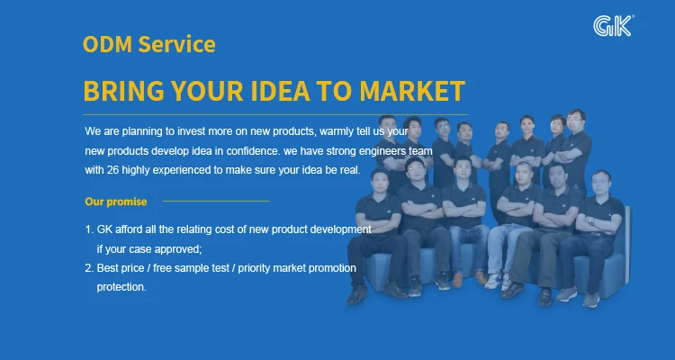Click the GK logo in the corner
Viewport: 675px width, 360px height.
pyautogui.click(x=613, y=26)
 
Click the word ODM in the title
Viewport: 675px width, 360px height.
pyautogui.click(x=107, y=44)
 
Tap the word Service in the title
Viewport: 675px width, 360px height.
pyautogui.click(x=176, y=44)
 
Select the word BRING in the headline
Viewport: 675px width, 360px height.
pyautogui.click(x=123, y=91)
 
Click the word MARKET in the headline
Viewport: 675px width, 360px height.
pyautogui.click(x=412, y=91)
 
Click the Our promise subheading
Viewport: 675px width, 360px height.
pyautogui.click(x=116, y=202)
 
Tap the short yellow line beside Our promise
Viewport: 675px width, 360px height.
pyautogui.click(x=216, y=201)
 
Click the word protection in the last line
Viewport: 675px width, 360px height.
pyautogui.click(x=121, y=287)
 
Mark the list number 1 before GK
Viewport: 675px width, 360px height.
pyautogui.click(x=89, y=229)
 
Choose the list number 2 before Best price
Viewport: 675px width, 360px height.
pyautogui.click(x=89, y=268)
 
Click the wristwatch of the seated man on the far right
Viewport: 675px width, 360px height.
pyautogui.click(x=592, y=222)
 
